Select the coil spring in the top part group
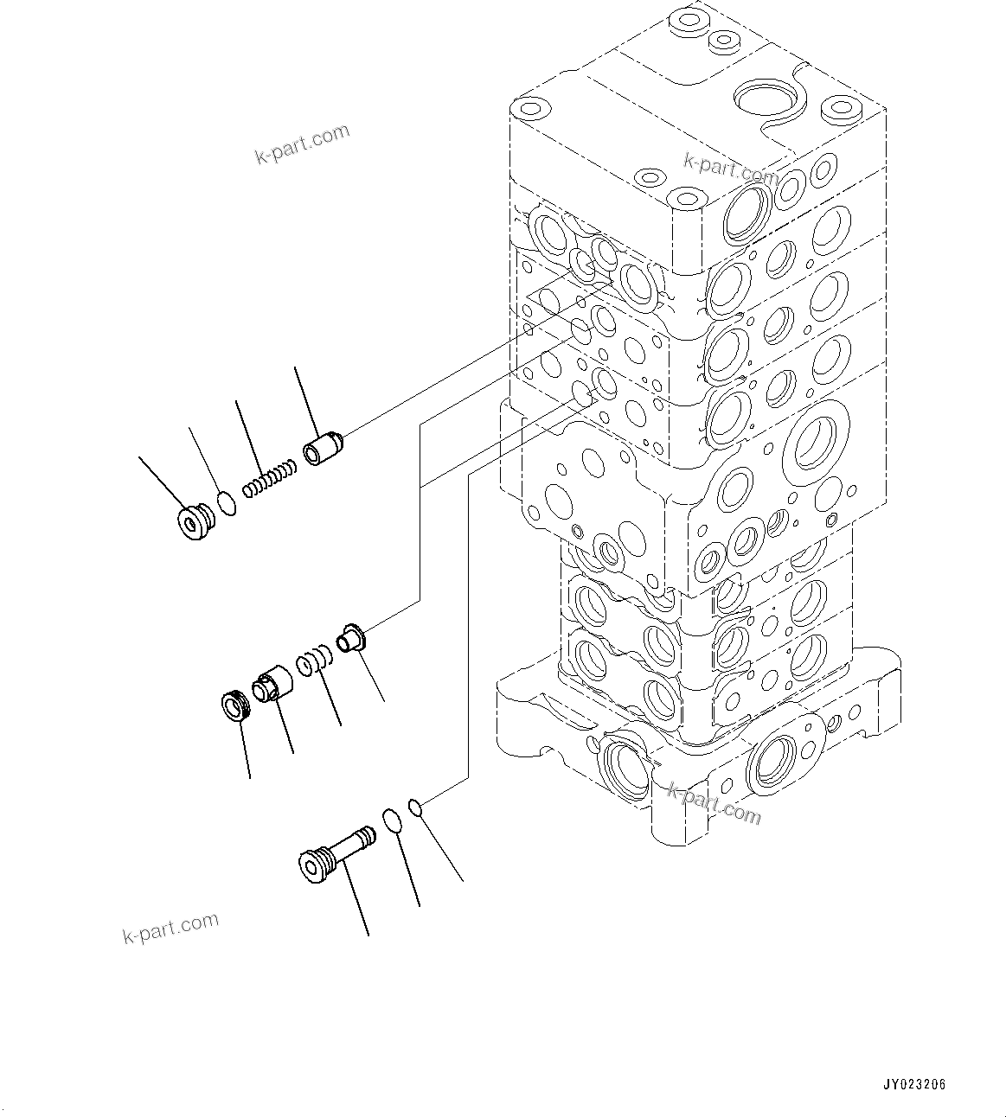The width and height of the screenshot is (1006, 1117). (x=269, y=479)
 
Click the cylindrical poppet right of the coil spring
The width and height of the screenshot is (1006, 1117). (x=324, y=450)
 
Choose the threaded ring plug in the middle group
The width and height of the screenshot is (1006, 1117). (x=234, y=706)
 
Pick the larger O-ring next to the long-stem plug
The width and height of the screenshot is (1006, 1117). (x=391, y=820)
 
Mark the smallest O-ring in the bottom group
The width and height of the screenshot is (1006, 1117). (x=416, y=807)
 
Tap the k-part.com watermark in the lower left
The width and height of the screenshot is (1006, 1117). (x=170, y=929)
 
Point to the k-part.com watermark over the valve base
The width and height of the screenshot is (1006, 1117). (x=714, y=802)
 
